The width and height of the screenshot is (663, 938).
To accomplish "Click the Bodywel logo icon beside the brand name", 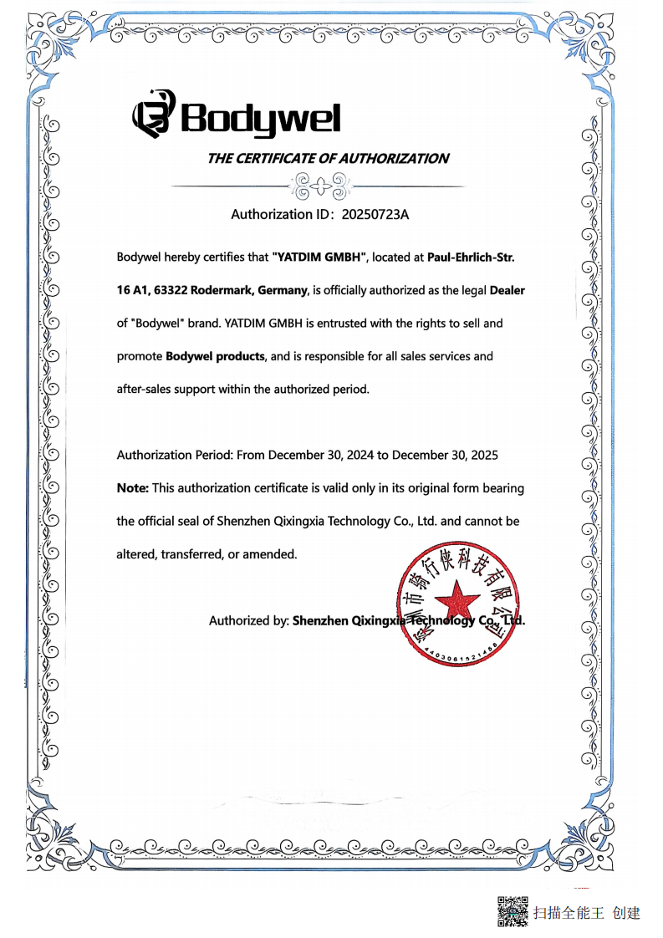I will [154, 115].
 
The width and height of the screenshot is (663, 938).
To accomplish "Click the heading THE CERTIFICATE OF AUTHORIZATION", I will [328, 158].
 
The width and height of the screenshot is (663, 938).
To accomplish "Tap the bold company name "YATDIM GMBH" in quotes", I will [320, 257].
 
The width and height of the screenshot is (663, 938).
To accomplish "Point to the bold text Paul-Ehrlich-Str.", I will [471, 257].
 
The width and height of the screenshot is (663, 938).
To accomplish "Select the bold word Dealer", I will [507, 290].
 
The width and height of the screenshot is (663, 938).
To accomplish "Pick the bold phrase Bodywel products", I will [216, 356].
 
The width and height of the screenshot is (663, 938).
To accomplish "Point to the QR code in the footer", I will [513, 911].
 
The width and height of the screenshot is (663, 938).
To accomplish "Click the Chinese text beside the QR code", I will [587, 912].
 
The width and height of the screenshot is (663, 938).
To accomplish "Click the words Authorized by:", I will [248, 620].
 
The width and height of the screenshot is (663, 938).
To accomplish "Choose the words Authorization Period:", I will [175, 455].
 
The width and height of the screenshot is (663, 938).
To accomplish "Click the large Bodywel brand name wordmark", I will [261, 118].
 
